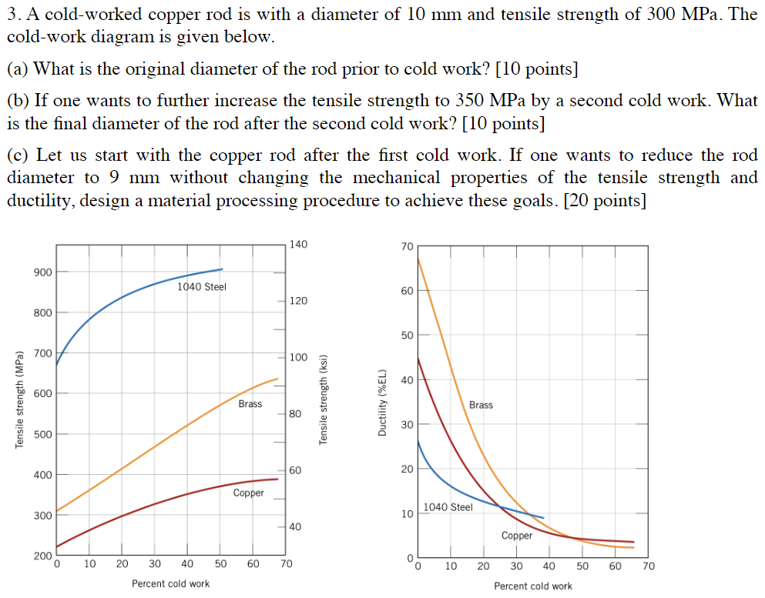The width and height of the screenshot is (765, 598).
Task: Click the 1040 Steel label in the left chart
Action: pyautogui.click(x=202, y=287)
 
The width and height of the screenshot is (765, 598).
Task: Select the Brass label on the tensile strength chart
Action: pyautogui.click(x=250, y=404)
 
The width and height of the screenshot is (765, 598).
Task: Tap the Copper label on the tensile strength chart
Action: pyautogui.click(x=249, y=493)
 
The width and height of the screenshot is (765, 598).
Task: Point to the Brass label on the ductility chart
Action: pyautogui.click(x=481, y=405)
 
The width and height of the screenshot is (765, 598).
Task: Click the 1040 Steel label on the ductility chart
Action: pyautogui.click(x=448, y=507)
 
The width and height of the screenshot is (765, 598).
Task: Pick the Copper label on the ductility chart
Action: pyautogui.click(x=517, y=536)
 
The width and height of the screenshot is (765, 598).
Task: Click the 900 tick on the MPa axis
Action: pyautogui.click(x=42, y=272)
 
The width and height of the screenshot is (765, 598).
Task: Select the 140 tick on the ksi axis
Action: pyautogui.click(x=298, y=245)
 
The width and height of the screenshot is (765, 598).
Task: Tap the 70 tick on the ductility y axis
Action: pyautogui.click(x=407, y=246)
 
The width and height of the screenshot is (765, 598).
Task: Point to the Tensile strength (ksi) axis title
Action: pyautogui.click(x=324, y=400)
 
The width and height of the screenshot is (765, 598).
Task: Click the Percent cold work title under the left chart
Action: pyautogui.click(x=170, y=583)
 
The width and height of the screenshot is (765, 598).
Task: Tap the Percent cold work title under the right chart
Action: pyautogui.click(x=533, y=586)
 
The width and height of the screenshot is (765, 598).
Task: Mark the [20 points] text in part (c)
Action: pyautogui.click(x=605, y=201)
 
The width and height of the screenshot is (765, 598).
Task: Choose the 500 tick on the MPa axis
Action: pyautogui.click(x=42, y=434)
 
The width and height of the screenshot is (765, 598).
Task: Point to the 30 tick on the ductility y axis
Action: pyautogui.click(x=407, y=425)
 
